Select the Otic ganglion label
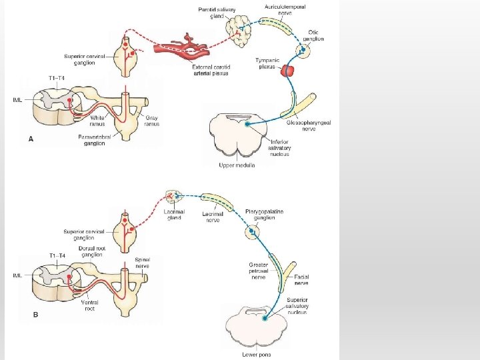[313, 35]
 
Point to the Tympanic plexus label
[268, 63]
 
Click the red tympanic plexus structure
[288, 70]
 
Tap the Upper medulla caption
[237, 165]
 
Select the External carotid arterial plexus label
[209, 71]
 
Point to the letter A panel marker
[31, 139]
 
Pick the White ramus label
[97, 121]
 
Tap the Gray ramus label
[152, 121]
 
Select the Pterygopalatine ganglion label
[265, 215]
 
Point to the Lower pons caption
[256, 355]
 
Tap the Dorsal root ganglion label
[91, 251]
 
